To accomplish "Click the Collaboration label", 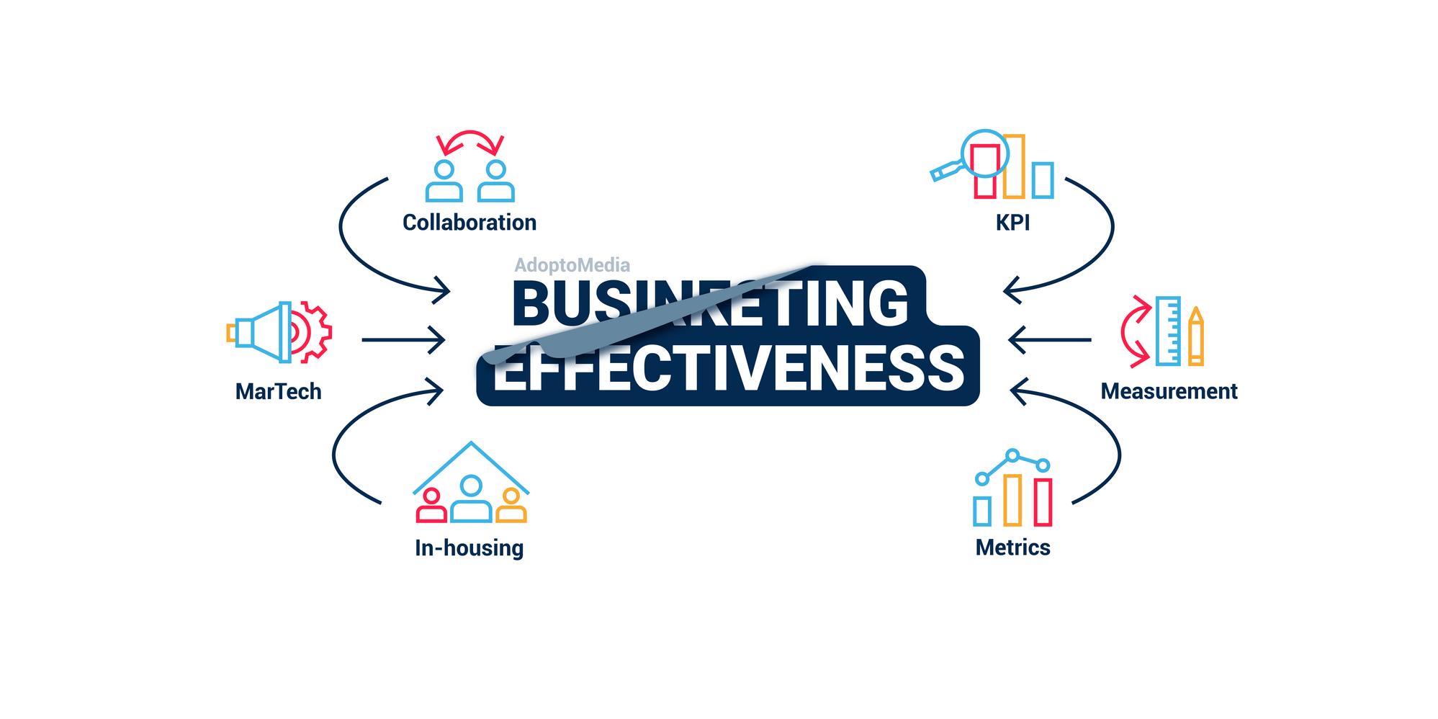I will point(469,223).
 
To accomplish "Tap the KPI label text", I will point(1012,223).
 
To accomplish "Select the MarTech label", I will point(278,391).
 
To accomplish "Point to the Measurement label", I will point(1169,391).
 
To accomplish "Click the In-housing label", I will point(469,548).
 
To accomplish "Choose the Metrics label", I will point(1012,548).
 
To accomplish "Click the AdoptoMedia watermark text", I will point(572,265).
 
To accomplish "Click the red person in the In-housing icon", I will point(431,506).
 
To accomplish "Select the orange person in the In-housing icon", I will point(511,506).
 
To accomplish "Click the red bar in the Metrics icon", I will point(1043,501).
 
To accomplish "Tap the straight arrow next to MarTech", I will point(403,339).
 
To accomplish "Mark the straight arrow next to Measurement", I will point(1050,339).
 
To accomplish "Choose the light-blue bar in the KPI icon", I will point(1042,180).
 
